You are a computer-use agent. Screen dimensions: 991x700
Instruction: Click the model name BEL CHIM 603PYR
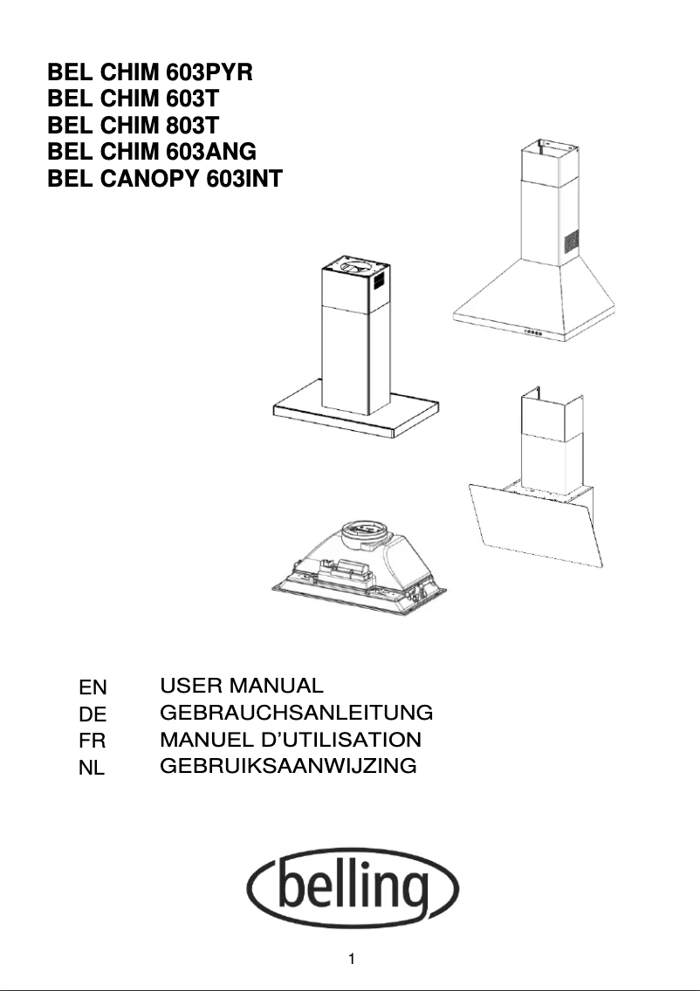[149, 72]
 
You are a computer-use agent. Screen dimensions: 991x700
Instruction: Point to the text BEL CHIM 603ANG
[152, 152]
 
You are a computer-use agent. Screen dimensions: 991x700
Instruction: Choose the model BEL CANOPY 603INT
[165, 179]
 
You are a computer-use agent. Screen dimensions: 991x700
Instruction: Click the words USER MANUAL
[242, 686]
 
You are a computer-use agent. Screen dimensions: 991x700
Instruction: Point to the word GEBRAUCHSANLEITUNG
[297, 713]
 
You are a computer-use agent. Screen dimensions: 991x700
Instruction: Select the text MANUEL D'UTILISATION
[291, 740]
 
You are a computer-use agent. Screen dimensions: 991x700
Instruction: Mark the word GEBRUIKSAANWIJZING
[288, 767]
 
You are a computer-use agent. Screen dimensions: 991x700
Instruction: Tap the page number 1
[351, 960]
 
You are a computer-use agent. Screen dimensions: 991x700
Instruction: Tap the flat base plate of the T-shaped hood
[358, 416]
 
